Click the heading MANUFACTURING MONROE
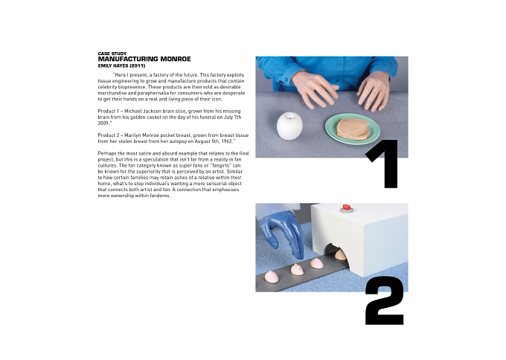[x=144, y=59]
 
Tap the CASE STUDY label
[x=112, y=54]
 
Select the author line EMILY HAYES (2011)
[x=121, y=65]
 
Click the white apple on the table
[x=289, y=126]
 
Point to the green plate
[x=353, y=129]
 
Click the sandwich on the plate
[x=352, y=129]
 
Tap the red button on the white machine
[x=347, y=207]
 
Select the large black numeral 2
[x=385, y=300]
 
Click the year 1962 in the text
[x=227, y=141]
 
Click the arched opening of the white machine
[x=336, y=251]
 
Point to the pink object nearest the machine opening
[x=340, y=255]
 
